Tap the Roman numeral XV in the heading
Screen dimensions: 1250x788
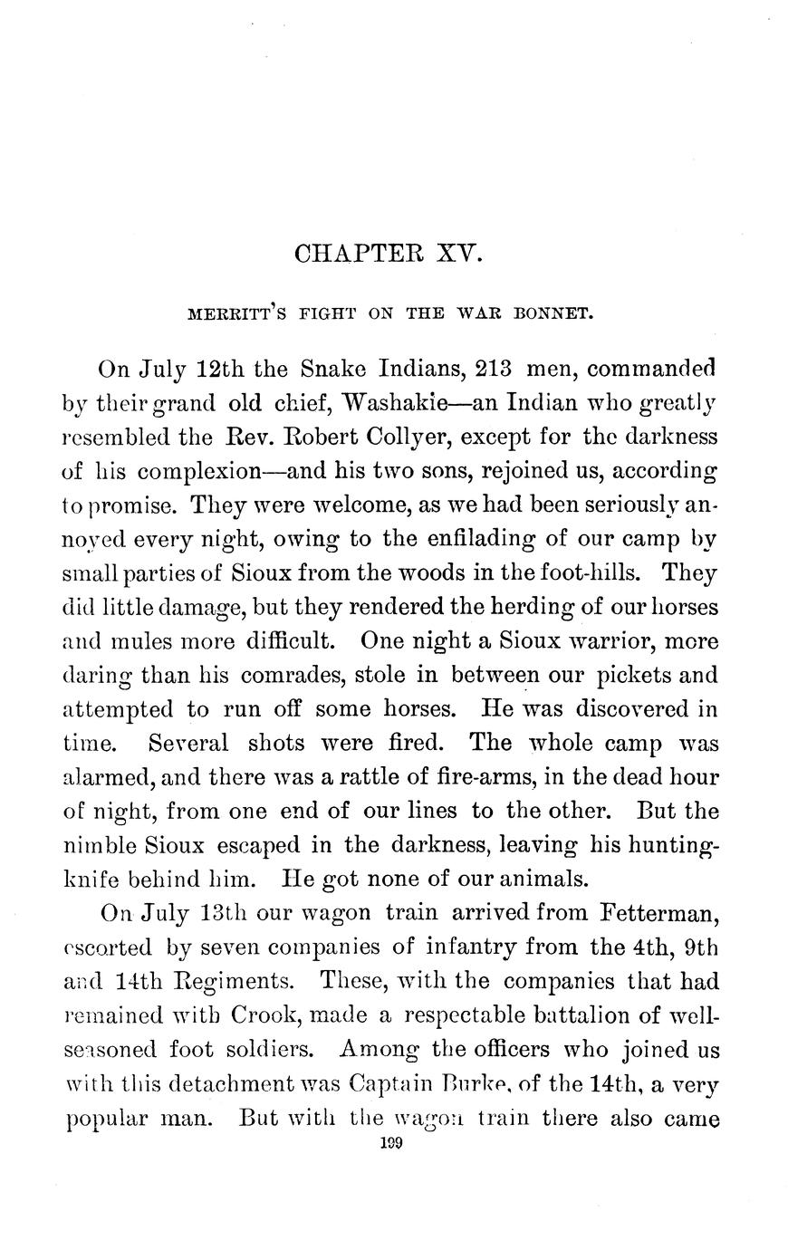coord(462,255)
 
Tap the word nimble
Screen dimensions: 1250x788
coord(100,845)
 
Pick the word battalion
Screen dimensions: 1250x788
coord(517,1015)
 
